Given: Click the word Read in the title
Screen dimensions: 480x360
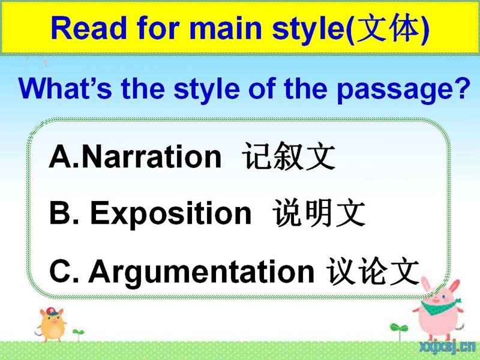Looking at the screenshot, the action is [x=89, y=28].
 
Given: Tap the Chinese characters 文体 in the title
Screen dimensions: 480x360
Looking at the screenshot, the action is [x=388, y=28].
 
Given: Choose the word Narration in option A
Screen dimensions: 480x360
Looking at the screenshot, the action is [x=152, y=157].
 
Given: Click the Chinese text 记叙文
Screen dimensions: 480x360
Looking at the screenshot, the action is [x=289, y=157].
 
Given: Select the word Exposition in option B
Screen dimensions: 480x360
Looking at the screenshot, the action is [x=171, y=213].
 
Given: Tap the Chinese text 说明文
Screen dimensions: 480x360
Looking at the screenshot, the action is [x=319, y=213].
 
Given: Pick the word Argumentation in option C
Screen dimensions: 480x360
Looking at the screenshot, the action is [x=201, y=272].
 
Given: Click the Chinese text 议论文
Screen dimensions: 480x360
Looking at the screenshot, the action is [x=373, y=271].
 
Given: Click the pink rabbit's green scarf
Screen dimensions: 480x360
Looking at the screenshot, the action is [x=439, y=306].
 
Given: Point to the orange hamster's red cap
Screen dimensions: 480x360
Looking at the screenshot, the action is [x=55, y=311].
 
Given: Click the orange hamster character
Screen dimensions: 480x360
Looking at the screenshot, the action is [x=52, y=325].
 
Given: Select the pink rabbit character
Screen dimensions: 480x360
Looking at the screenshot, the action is [x=439, y=309].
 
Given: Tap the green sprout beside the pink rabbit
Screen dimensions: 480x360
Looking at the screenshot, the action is [x=399, y=331].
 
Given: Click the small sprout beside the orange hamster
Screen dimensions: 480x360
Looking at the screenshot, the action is [x=78, y=334].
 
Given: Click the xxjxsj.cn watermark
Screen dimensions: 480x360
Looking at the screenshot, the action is [x=448, y=347].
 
